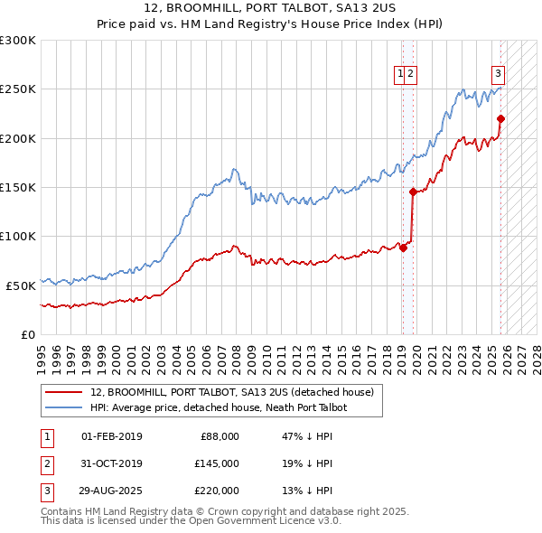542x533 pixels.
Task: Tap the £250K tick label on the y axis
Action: coord(18,89)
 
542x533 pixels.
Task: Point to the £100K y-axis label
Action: coord(18,236)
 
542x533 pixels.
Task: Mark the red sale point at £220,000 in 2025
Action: coord(500,118)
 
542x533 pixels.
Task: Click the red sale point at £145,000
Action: coord(413,192)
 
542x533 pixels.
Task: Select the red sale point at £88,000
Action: coord(403,248)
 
